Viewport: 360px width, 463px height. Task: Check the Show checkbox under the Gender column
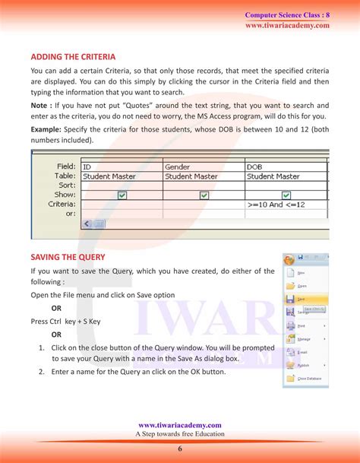pyautogui.click(x=204, y=195)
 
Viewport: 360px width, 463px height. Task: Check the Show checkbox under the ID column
pyautogui.click(x=122, y=195)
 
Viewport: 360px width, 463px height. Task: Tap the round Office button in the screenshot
pyautogui.click(x=289, y=259)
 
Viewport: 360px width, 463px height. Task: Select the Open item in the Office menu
pyautogui.click(x=302, y=286)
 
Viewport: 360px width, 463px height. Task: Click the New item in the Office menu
pyautogui.click(x=301, y=272)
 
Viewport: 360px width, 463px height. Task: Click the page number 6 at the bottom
pyautogui.click(x=180, y=449)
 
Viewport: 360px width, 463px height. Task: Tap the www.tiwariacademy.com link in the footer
pyautogui.click(x=180, y=425)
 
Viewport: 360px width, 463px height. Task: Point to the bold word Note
pyautogui.click(x=40, y=105)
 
